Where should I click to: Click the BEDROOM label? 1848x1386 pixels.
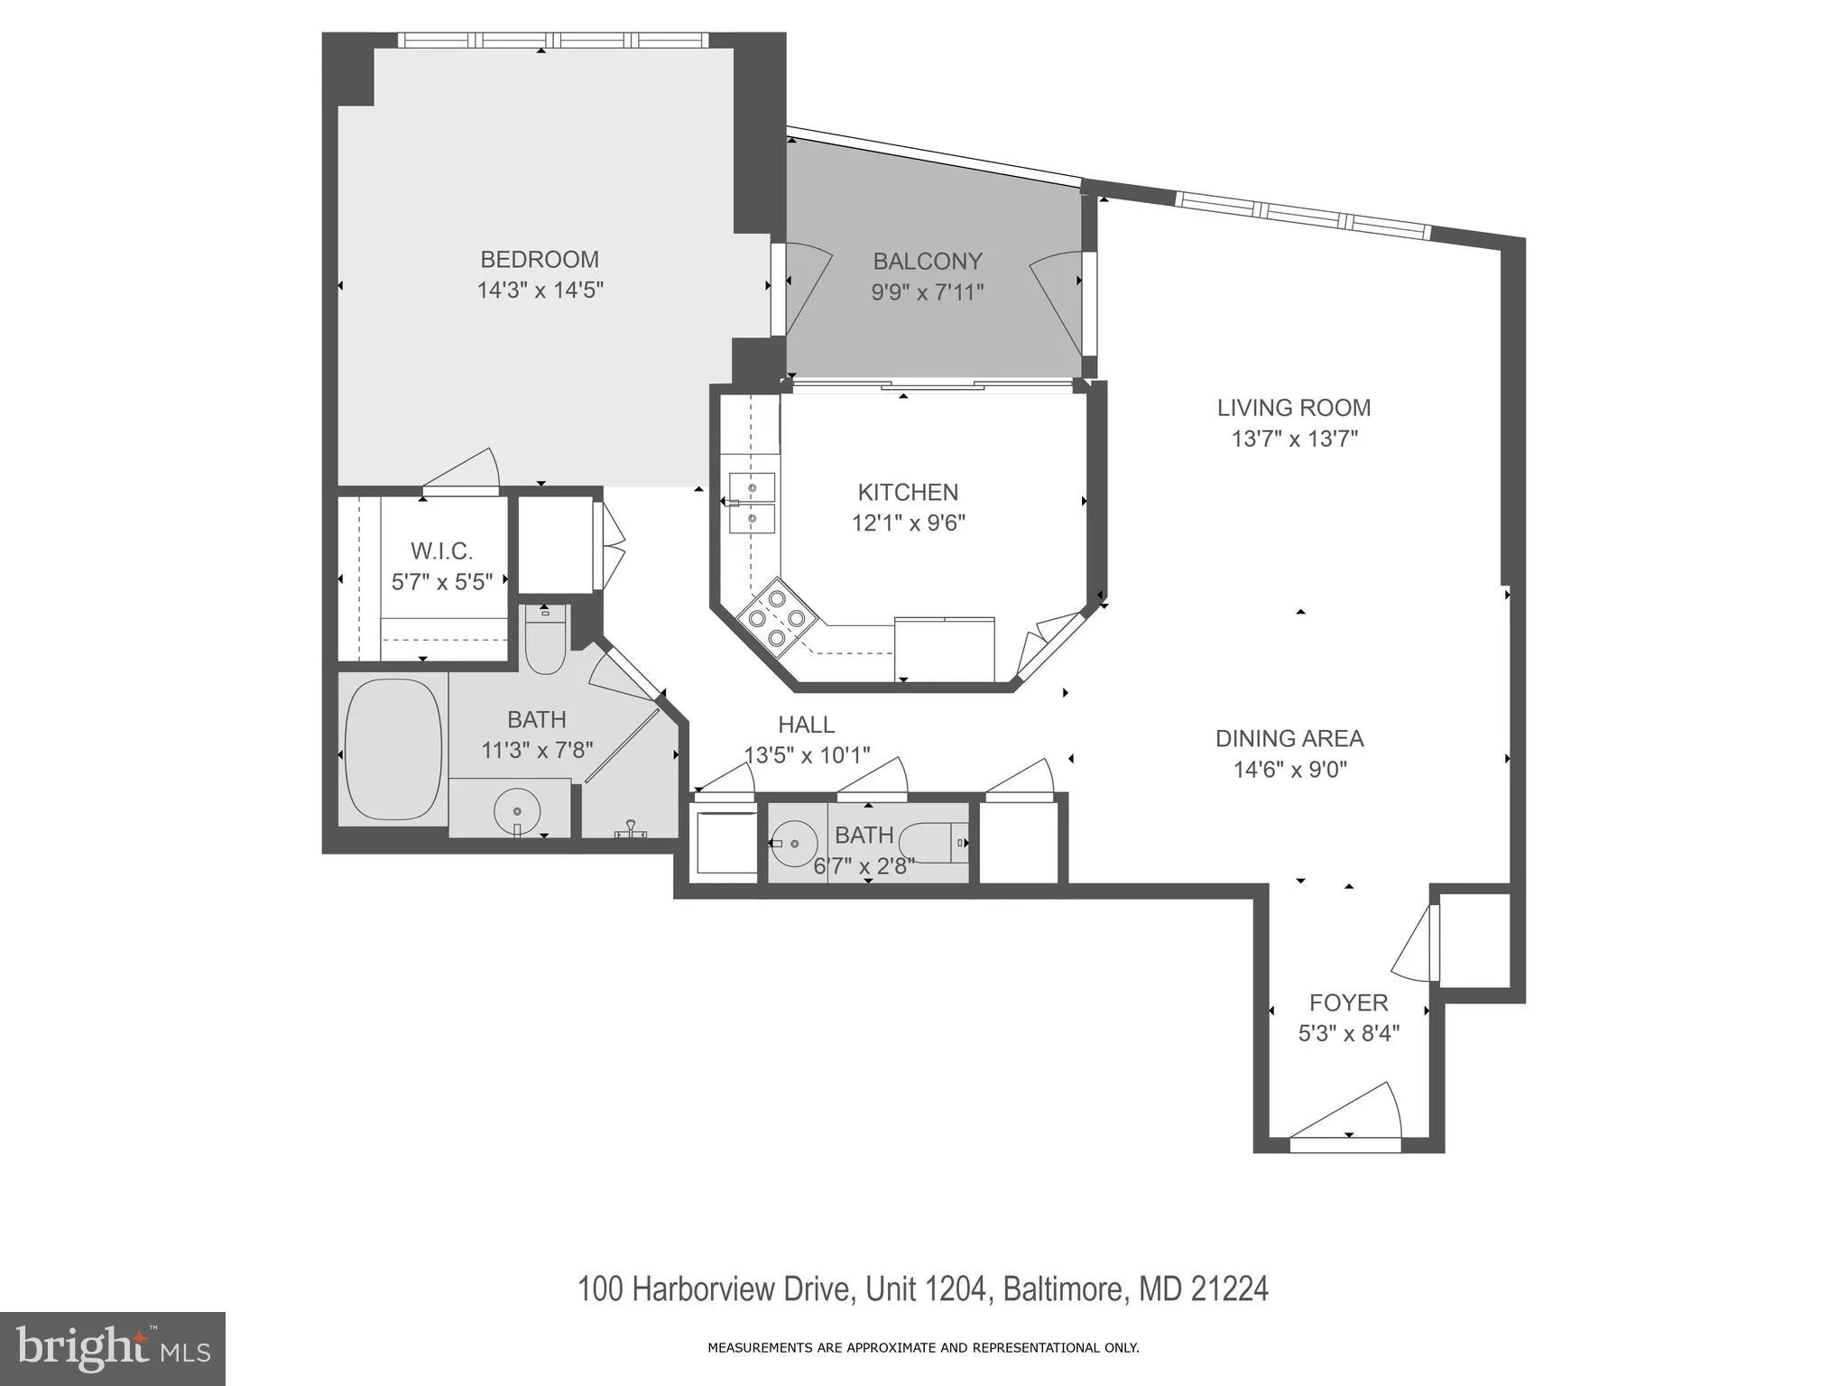[x=540, y=260]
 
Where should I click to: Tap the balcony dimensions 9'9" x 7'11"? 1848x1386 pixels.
[x=927, y=292]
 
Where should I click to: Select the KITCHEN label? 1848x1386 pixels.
[x=908, y=492]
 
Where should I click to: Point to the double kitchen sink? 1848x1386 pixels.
[x=752, y=504]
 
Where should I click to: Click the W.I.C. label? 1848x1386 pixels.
[x=441, y=550]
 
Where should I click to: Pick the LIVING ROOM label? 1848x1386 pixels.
[x=1294, y=408]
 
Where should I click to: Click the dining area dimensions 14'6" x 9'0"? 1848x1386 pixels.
[x=1290, y=770]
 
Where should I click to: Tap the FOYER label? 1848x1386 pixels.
[x=1348, y=1003]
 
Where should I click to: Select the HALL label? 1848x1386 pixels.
[x=806, y=725]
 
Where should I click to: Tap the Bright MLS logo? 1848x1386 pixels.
[x=112, y=1348]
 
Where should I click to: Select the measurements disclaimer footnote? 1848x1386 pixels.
[x=923, y=1348]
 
